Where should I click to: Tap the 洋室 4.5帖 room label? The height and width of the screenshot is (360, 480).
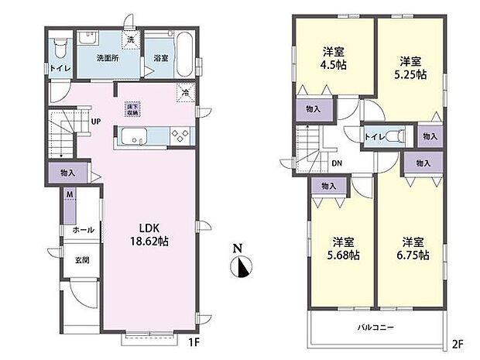point(334,58)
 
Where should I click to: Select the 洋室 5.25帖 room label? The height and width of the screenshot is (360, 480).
point(410,67)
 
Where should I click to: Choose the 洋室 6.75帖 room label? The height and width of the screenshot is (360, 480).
point(412,247)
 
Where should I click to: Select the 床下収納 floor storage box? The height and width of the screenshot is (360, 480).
point(132,109)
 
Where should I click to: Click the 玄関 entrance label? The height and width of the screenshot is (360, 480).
point(81,260)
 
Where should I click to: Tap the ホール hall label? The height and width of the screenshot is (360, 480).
point(84,230)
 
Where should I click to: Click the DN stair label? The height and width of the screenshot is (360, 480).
point(338,163)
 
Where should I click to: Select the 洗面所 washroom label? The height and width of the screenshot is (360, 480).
point(108,58)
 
